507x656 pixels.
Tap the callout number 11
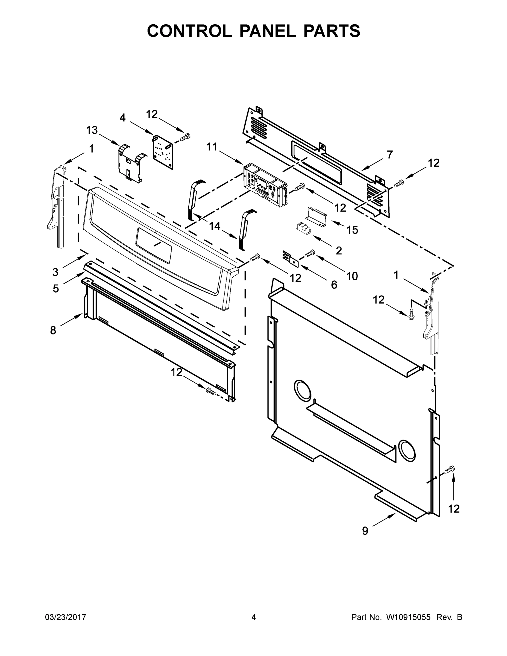coord(212,147)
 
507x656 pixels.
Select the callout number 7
coord(389,155)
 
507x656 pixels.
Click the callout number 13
coord(92,130)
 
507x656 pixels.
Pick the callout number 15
coord(352,230)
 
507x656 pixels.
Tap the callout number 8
coord(53,330)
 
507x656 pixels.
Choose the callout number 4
coord(122,118)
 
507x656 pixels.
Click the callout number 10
coord(352,276)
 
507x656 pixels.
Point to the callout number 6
coord(334,285)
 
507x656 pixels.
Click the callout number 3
coord(55,272)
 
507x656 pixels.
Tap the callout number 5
coord(56,289)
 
